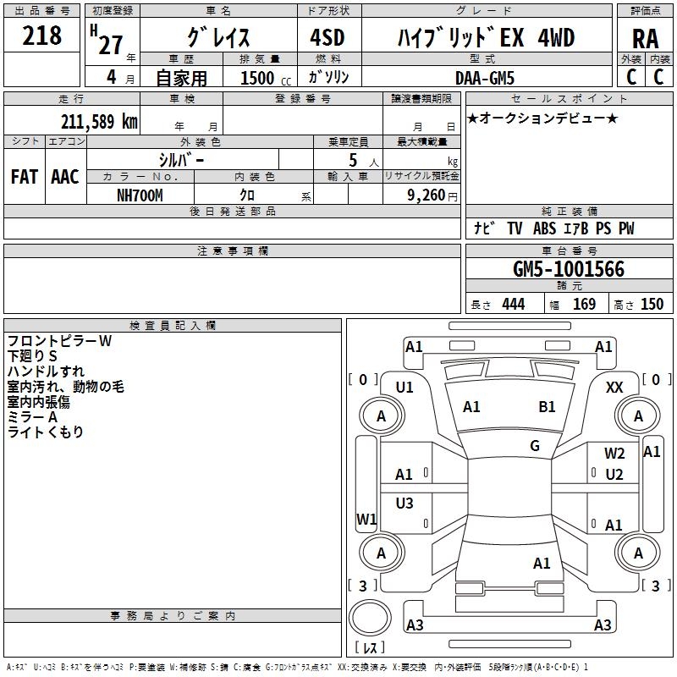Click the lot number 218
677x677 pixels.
pos(42,36)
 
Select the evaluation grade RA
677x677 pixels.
pos(645,39)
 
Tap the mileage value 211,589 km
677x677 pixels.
pos(99,121)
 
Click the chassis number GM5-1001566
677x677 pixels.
pos(569,269)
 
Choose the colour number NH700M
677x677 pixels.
pos(140,194)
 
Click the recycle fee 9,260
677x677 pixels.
pos(422,194)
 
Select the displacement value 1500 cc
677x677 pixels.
pos(262,78)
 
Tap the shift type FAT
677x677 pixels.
pos(25,177)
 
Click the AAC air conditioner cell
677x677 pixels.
pos(65,177)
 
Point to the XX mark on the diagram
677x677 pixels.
pos(615,387)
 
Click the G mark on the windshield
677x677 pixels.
pos(535,445)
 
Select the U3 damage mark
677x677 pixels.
pos(405,504)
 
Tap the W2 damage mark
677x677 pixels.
pos(614,454)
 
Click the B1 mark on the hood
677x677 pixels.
pos(547,407)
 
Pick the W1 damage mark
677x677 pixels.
pos(366,519)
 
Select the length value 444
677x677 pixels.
pos(513,304)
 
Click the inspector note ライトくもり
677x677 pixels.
pos(46,432)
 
